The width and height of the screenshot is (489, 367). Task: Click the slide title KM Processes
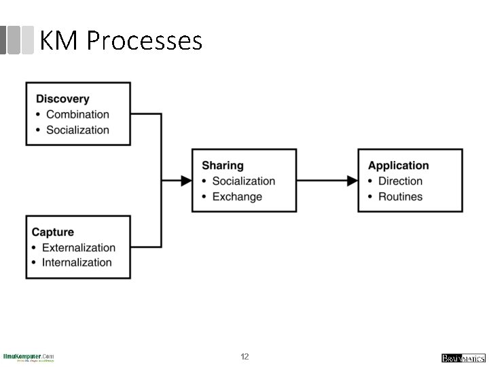tap(121, 41)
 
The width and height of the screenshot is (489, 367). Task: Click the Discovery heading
tap(62, 99)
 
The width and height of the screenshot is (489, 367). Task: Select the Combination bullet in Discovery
tap(77, 115)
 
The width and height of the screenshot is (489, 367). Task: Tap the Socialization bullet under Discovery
tap(77, 130)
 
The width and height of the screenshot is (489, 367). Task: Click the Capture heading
tap(53, 232)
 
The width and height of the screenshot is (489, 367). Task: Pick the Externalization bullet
tap(78, 247)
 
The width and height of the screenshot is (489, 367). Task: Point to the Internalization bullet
tap(77, 262)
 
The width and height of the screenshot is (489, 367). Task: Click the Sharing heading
tap(222, 165)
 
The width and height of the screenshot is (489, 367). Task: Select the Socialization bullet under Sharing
tap(243, 181)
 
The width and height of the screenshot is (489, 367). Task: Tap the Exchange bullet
tap(237, 196)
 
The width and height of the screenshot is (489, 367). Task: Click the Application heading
tap(398, 165)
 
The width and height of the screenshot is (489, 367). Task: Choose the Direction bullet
tap(400, 181)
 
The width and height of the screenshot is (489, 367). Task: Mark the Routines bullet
tap(400, 196)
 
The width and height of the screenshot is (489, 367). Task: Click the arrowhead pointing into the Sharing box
tap(186, 181)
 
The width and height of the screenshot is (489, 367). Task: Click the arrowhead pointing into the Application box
tap(352, 181)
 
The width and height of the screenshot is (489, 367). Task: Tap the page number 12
tap(244, 357)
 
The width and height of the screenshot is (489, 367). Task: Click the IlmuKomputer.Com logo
tap(29, 357)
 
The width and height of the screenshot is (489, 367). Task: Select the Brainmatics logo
tap(463, 358)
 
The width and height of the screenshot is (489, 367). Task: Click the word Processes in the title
tap(145, 41)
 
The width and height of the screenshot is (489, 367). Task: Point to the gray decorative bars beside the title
tap(17, 40)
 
